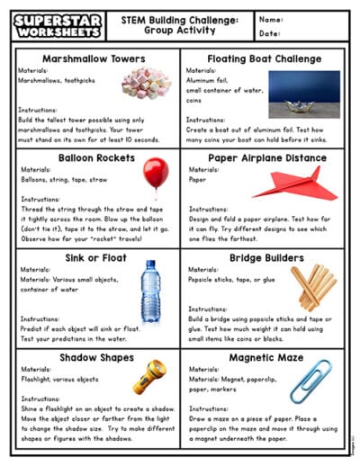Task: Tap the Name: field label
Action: point(271,19)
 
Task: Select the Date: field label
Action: point(269,33)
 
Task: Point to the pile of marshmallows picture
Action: point(146,84)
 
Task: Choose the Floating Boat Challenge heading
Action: point(265,59)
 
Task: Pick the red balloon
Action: point(155,173)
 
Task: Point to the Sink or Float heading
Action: point(87,258)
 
